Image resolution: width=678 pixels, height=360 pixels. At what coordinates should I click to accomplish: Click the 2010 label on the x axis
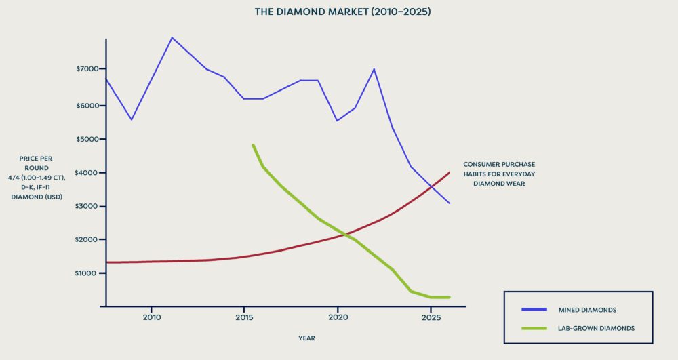[x=151, y=317]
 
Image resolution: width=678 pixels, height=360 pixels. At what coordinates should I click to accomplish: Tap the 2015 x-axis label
[x=244, y=317]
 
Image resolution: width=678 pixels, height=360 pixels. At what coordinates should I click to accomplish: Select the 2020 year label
[x=338, y=317]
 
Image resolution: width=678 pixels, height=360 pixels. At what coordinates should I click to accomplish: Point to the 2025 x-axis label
[x=431, y=317]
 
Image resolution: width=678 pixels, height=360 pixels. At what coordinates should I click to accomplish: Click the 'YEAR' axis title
[x=306, y=338]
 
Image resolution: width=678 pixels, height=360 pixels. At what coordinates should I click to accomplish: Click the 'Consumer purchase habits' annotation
[x=499, y=174]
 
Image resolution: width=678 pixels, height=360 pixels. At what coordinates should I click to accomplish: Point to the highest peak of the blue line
[x=172, y=38]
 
